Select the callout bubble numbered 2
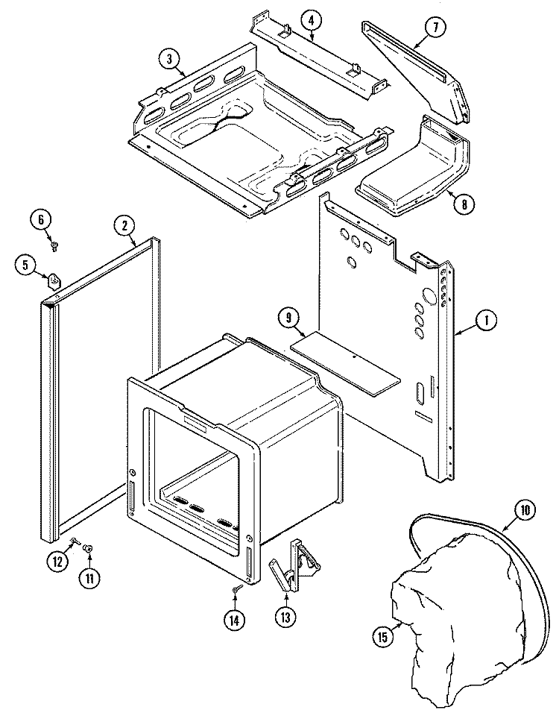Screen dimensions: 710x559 tap(124, 224)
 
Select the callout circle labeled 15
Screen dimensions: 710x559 tap(382, 635)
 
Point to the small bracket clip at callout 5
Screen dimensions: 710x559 tap(54, 281)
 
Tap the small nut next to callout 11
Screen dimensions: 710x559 tap(88, 548)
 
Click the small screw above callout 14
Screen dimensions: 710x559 tap(236, 590)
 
